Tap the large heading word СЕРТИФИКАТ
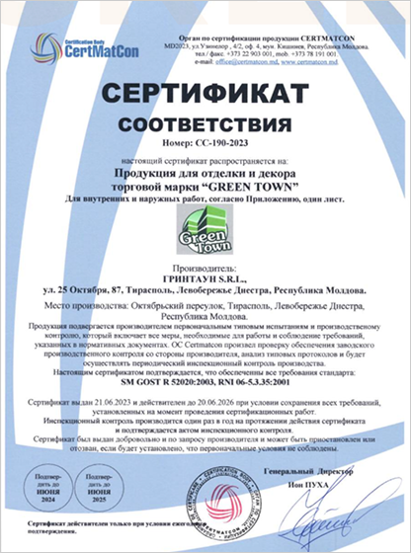pos(205,97)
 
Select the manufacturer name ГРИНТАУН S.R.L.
pos(205,279)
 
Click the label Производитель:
pos(205,269)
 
